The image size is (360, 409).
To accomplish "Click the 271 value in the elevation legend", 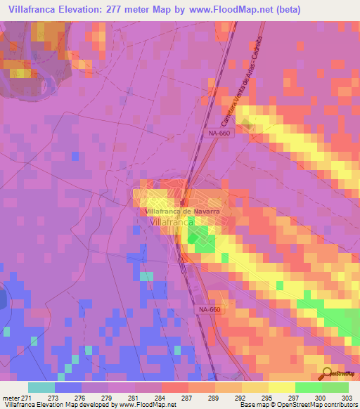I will [x=28, y=398].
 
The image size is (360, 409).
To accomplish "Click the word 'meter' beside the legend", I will [x=11, y=398].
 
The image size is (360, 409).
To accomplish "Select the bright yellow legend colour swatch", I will [x=281, y=387].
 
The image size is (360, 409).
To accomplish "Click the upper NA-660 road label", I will [x=219, y=132].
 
